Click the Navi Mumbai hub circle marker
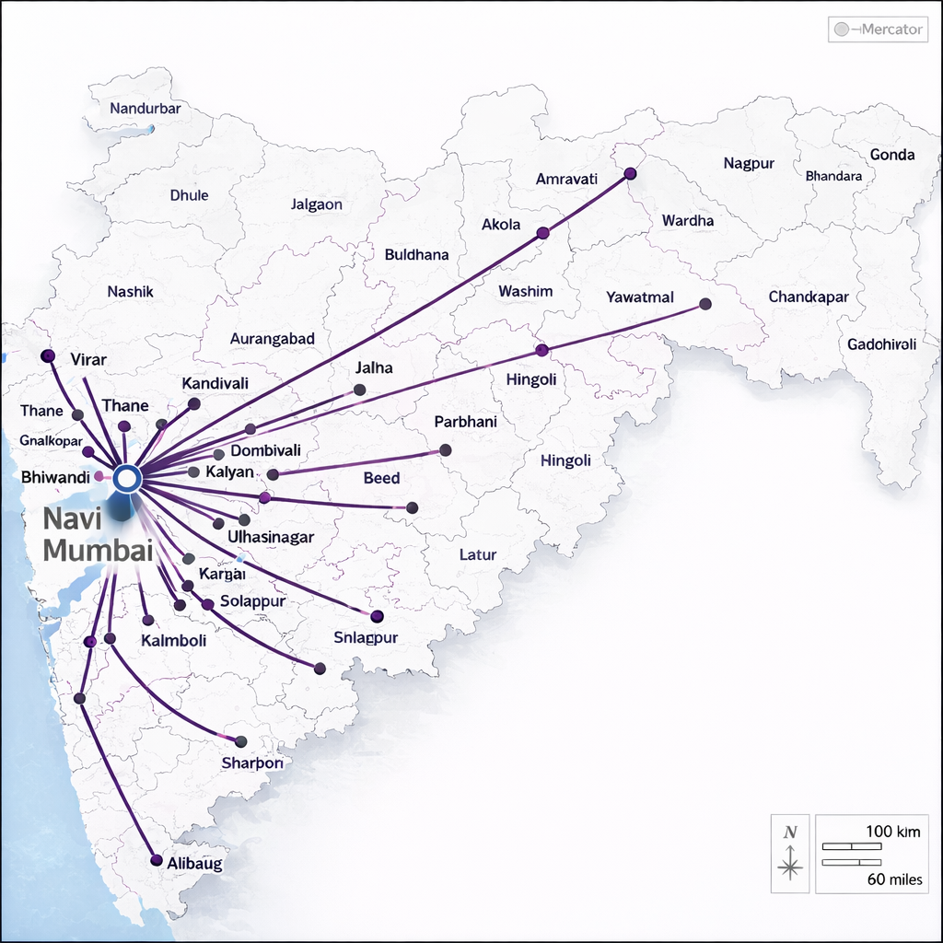[127, 477]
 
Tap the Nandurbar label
[145, 108]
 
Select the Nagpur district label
[749, 163]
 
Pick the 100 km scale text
[893, 832]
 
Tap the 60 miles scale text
[894, 879]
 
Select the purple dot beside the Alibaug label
[156, 861]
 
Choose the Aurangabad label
[272, 338]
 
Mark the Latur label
[477, 554]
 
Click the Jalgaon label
[316, 204]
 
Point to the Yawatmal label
[640, 297]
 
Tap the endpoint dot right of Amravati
[630, 173]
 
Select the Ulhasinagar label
[270, 537]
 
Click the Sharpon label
[251, 763]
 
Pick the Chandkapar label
[809, 297]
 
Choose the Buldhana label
[416, 254]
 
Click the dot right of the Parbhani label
[446, 450]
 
